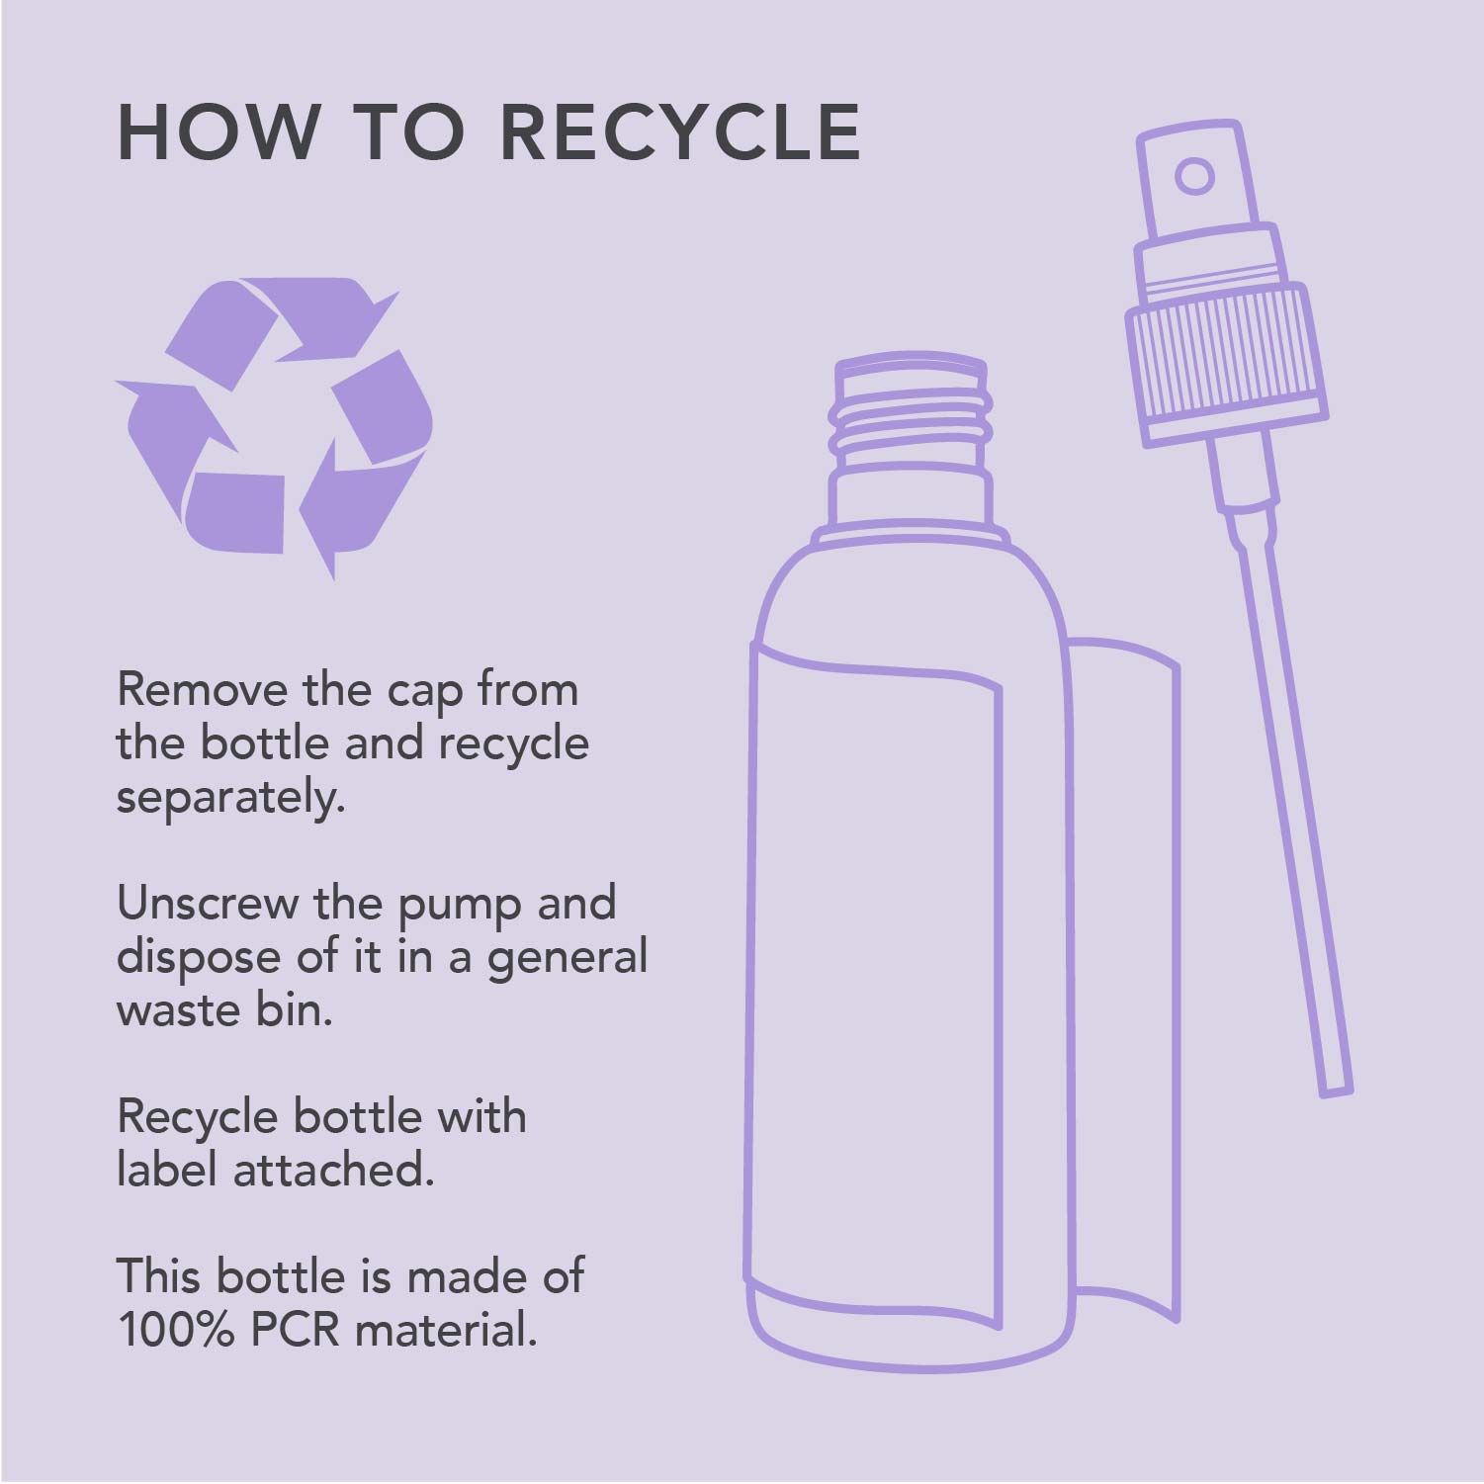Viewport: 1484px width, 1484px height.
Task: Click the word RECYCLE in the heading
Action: pyautogui.click(x=687, y=131)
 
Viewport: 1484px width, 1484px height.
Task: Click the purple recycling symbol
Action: pyautogui.click(x=274, y=426)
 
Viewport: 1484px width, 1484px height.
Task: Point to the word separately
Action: pyautogui.click(x=230, y=798)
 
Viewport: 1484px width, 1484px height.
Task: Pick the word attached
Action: pyautogui.click(x=333, y=1170)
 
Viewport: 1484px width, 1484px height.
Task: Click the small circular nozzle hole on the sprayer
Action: pyautogui.click(x=1194, y=176)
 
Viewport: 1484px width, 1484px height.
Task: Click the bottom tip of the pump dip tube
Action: pyautogui.click(x=1338, y=1091)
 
